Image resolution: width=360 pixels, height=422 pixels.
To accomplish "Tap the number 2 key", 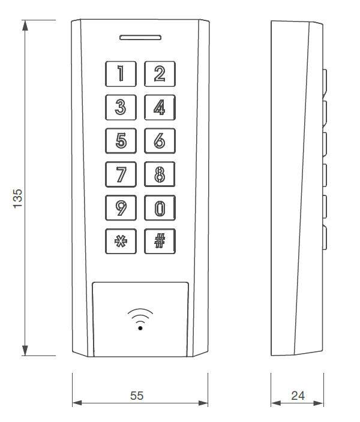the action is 160,74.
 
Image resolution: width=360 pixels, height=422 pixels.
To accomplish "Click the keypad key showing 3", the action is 121,107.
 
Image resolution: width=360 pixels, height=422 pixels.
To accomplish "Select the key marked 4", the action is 160,107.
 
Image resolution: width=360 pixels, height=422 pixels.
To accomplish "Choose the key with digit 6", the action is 160,141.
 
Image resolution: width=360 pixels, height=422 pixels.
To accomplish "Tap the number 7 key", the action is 121,174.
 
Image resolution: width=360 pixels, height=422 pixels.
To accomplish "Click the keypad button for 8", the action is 160,174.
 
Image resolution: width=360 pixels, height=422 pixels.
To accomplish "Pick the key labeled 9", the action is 121,208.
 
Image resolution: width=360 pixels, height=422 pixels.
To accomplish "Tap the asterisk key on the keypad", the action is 121,242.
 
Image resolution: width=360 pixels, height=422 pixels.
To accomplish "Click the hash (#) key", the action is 160,242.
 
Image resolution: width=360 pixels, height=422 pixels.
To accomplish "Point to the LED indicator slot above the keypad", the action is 140,37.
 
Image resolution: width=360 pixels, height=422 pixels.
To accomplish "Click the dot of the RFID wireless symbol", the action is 140,328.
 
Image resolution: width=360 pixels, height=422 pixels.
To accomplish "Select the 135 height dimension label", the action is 17,198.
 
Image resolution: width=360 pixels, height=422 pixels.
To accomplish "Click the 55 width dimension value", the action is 137,396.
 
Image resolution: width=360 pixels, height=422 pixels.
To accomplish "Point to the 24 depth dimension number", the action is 298,396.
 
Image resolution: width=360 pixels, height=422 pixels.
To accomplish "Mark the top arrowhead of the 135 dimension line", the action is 25,26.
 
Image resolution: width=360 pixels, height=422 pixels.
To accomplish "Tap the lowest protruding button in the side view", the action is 325,238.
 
